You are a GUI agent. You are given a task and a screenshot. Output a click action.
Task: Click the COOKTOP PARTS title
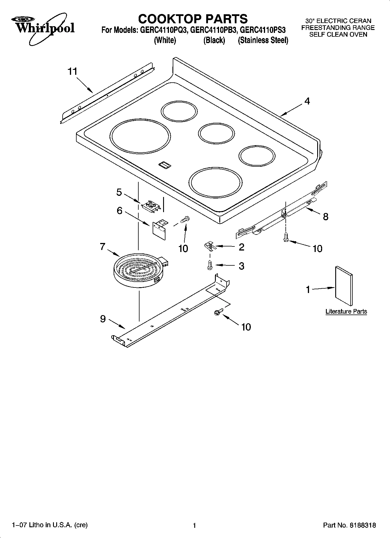point(193,19)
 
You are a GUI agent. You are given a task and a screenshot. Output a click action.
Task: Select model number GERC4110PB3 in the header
point(213,30)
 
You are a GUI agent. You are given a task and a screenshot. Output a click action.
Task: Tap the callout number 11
point(73,71)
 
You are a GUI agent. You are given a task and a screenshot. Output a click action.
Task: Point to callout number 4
point(307,101)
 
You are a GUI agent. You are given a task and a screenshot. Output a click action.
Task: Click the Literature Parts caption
point(346,311)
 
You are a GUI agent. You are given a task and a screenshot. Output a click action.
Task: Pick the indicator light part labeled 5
point(151,206)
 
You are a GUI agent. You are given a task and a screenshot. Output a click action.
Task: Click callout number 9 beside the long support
point(103,319)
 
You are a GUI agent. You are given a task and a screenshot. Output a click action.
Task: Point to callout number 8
point(326,216)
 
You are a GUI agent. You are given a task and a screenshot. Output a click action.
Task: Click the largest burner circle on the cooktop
point(140,137)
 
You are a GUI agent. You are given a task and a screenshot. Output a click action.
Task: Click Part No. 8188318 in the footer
point(350,525)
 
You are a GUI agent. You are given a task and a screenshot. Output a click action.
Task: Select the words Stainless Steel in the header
point(263,40)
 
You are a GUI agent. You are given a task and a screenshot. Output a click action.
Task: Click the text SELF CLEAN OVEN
point(338,35)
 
